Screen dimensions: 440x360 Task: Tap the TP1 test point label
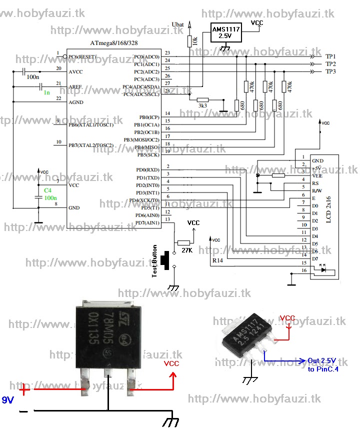point(330,57)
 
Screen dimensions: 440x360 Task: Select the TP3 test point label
point(330,71)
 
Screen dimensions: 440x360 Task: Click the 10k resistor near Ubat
point(189,41)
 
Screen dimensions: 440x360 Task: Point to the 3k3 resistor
point(202,100)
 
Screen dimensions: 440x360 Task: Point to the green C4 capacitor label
point(47,190)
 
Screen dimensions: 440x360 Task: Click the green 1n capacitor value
point(46,93)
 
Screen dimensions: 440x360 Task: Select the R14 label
point(218,260)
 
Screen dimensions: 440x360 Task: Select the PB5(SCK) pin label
point(148,154)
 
